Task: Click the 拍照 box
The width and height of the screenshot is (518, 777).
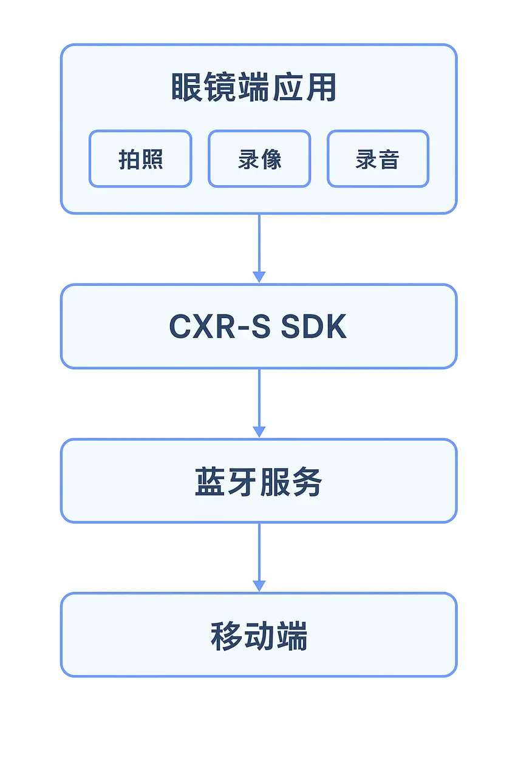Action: pyautogui.click(x=140, y=158)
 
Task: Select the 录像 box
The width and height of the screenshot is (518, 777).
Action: pyautogui.click(x=259, y=158)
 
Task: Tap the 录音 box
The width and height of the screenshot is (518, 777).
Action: pyautogui.click(x=378, y=158)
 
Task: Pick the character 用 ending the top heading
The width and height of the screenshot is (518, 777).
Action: pyautogui.click(x=321, y=88)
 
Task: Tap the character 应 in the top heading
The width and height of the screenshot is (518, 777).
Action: pyautogui.click(x=288, y=88)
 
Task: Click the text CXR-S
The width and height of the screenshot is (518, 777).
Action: pyautogui.click(x=213, y=327)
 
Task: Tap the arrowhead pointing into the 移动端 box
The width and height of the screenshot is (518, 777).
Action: pyautogui.click(x=259, y=586)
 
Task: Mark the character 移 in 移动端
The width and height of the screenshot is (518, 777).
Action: pyautogui.click(x=226, y=637)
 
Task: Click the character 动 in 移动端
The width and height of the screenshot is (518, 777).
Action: pyautogui.click(x=259, y=637)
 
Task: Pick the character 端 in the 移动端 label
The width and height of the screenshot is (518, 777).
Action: pyautogui.click(x=292, y=637)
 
